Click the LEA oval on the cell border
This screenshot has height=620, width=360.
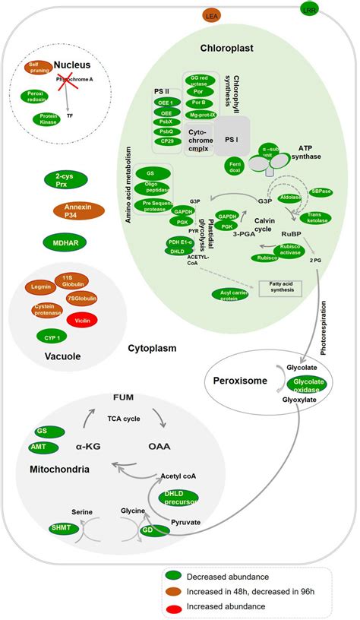tap(210, 15)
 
